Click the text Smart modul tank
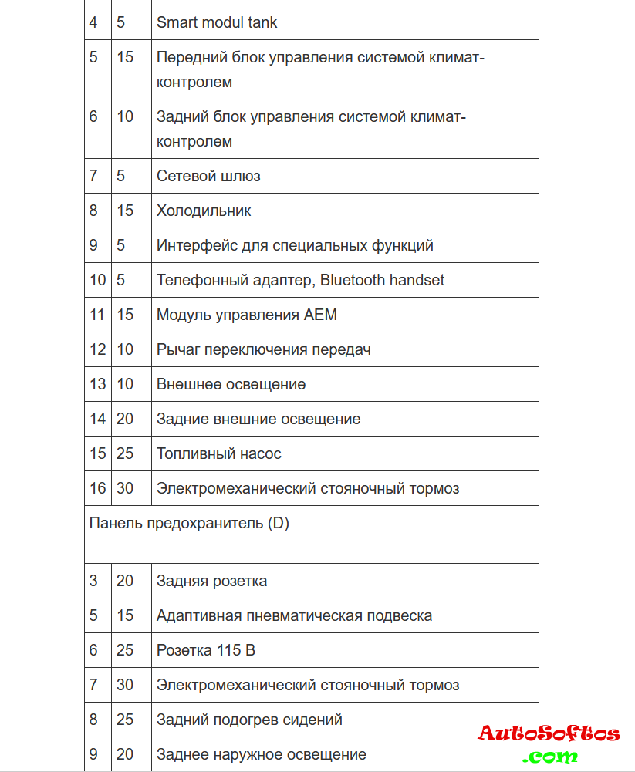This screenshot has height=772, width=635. point(217,22)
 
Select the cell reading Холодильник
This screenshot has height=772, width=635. point(204,211)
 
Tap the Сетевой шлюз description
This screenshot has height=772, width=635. point(208,176)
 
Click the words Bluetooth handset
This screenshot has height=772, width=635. point(383,280)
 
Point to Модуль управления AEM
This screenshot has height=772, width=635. point(247,315)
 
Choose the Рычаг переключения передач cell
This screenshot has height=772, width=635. point(264,349)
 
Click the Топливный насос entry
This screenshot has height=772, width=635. point(219,453)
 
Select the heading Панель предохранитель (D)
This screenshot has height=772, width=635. point(189,523)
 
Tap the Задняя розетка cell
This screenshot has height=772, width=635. point(212,581)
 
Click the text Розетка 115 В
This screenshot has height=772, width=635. point(206,650)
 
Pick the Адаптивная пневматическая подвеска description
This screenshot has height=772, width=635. point(294,615)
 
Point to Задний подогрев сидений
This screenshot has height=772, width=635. point(249,720)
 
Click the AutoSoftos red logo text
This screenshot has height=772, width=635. point(549,733)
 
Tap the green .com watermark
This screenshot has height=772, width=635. point(549,756)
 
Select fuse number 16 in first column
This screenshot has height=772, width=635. point(97,488)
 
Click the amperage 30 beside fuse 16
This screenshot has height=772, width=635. point(125,488)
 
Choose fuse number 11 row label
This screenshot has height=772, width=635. point(97,315)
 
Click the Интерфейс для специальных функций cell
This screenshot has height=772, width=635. point(295,245)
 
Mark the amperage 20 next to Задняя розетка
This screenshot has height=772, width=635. point(125,581)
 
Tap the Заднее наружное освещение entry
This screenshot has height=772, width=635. point(262,754)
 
